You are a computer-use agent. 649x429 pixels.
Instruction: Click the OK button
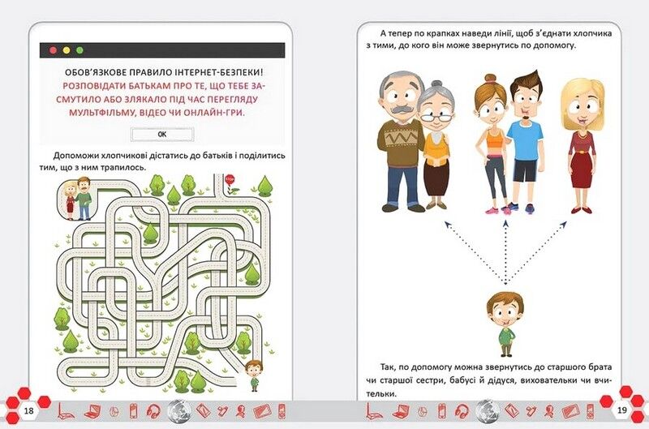coord(162,134)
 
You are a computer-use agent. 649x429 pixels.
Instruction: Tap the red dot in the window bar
coord(53,50)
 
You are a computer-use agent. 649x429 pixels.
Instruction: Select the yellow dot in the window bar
coord(67,50)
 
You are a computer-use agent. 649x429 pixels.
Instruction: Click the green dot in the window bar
coord(80,50)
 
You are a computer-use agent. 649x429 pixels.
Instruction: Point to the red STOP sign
coord(230,180)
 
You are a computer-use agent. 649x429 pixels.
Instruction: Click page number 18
coord(28,410)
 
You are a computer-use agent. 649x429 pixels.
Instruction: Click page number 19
coord(621,410)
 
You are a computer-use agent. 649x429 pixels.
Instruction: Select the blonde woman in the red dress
coord(580,145)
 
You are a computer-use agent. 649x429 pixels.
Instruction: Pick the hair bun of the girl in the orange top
coord(491,78)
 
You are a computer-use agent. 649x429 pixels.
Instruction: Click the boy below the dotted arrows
coord(505,324)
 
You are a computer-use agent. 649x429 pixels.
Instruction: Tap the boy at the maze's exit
coord(254,375)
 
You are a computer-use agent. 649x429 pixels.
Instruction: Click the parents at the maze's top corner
coord(76,199)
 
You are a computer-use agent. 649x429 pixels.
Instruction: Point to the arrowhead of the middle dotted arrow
coord(505,224)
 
